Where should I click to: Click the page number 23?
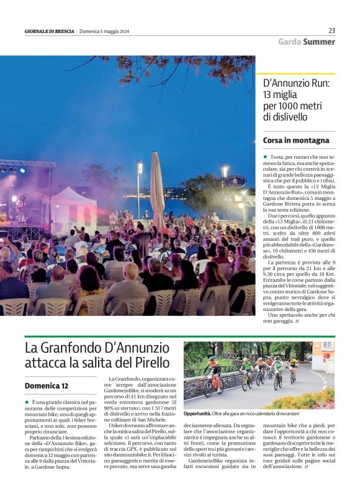pos(331,30)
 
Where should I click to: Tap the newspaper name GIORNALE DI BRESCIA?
pos(50,31)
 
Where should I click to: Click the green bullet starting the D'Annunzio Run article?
pos(265,158)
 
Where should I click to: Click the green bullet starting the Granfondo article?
pos(27,402)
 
